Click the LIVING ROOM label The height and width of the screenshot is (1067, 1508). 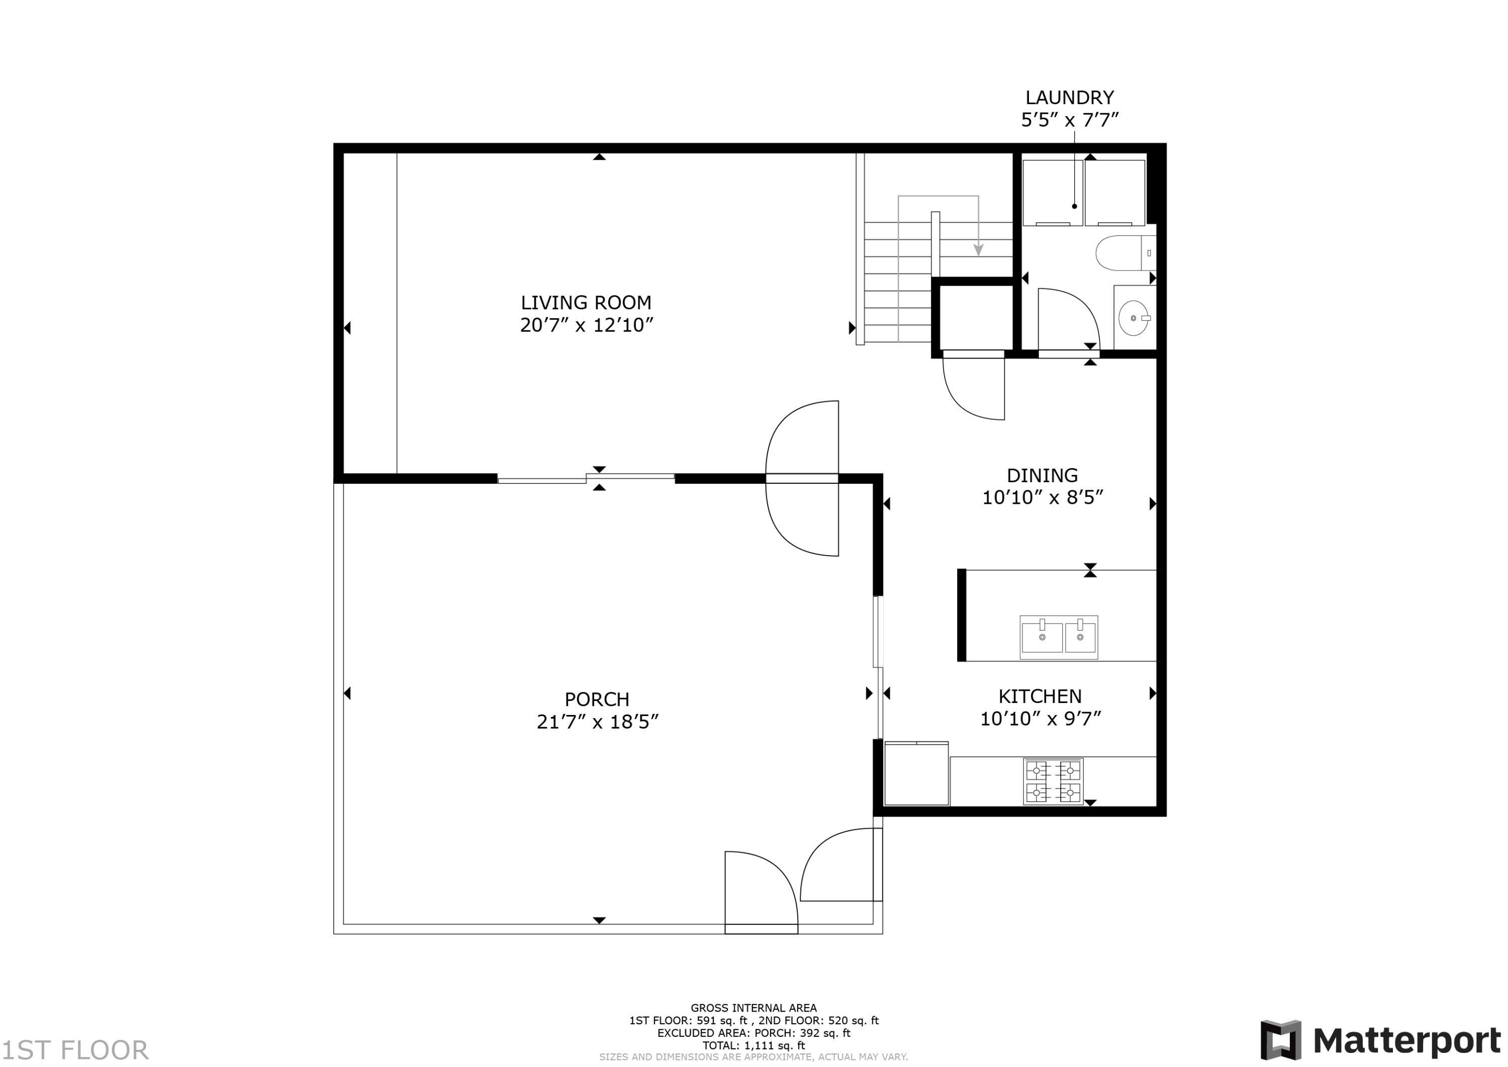586,302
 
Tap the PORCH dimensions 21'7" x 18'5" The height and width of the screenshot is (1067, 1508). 597,722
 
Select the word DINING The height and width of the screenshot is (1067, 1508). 1043,475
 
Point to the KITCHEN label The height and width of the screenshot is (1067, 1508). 1040,696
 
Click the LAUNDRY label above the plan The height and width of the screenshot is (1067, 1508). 1069,97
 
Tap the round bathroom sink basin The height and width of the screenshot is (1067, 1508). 1134,318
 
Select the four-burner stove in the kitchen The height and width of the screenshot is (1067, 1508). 1053,781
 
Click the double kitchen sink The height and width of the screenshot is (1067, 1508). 1059,637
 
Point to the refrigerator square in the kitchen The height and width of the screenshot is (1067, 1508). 916,773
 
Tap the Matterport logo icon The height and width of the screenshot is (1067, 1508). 1280,1040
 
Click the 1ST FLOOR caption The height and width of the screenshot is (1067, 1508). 75,1050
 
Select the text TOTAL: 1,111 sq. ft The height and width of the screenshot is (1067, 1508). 753,1045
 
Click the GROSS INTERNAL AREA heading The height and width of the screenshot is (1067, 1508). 753,1008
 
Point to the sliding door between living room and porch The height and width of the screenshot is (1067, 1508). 586,478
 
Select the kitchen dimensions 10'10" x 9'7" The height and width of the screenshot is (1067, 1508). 1041,719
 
